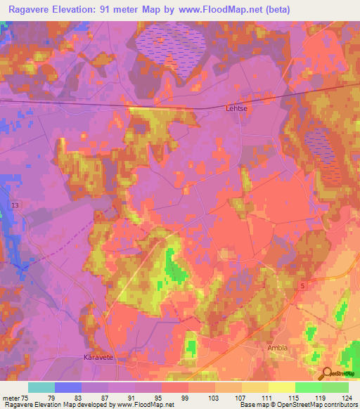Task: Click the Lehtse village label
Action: (x=236, y=109)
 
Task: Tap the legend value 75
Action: (x=26, y=398)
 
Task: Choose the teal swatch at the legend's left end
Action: (x=41, y=387)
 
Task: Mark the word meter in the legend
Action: (x=11, y=398)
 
